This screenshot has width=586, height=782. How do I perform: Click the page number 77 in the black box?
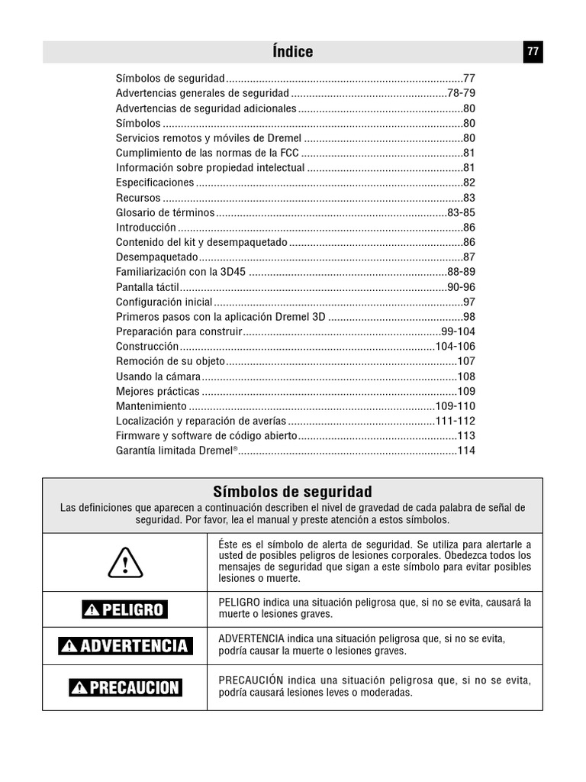[533, 52]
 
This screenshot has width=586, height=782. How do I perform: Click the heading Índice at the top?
[292, 52]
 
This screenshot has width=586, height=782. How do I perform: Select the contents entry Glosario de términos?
[165, 213]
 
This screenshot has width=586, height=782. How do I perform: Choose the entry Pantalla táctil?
[147, 287]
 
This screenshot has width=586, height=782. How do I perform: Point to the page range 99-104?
[458, 331]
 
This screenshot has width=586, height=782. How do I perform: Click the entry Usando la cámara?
[158, 376]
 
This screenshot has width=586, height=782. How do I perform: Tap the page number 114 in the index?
[466, 451]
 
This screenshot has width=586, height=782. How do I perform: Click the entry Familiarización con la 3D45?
[181, 272]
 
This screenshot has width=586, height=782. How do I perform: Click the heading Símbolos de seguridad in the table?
[292, 491]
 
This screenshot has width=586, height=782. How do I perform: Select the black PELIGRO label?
[125, 609]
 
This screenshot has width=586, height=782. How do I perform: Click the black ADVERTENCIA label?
[125, 646]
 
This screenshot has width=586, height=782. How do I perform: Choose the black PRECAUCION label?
[125, 687]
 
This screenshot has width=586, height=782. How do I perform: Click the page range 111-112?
[456, 421]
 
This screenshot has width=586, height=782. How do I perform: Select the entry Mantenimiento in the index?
[151, 406]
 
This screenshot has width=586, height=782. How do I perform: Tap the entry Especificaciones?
[155, 183]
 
